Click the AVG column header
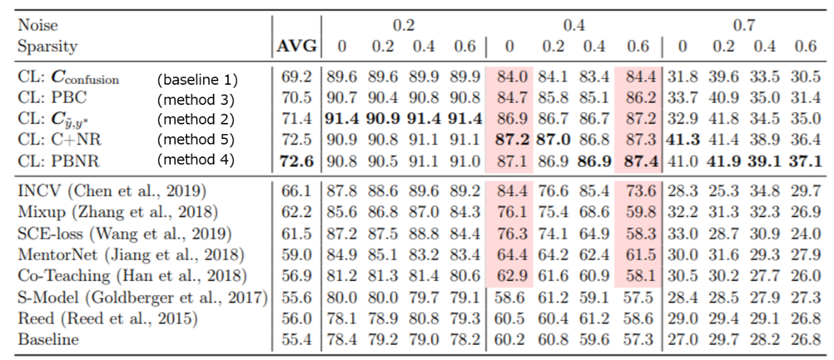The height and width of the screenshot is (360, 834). (x=297, y=47)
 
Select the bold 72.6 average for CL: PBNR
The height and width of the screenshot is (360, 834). (x=297, y=161)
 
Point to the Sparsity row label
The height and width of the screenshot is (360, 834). (x=47, y=47)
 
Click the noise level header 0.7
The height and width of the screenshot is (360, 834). (x=744, y=26)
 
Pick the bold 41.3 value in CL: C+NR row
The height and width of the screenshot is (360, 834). (x=684, y=140)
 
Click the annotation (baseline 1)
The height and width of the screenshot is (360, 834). (x=197, y=79)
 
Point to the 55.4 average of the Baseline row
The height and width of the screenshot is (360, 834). (x=297, y=340)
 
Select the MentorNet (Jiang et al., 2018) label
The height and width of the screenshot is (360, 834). (x=130, y=254)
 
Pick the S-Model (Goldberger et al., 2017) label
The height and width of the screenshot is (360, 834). (x=142, y=297)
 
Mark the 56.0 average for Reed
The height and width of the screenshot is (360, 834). (x=297, y=319)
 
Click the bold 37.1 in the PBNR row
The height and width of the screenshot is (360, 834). (x=806, y=161)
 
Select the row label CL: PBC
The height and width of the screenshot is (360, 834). (x=50, y=99)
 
